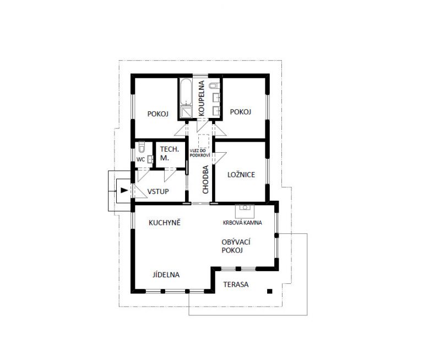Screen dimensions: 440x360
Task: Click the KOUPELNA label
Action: click(x=202, y=98)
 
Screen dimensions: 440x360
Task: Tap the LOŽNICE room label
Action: click(x=241, y=175)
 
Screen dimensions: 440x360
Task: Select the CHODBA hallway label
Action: click(x=206, y=180)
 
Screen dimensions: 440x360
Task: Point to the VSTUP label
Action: click(x=158, y=192)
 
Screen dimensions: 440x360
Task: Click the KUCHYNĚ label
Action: click(x=165, y=223)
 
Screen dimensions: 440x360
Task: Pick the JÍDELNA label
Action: click(x=166, y=275)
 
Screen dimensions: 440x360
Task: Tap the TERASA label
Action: click(x=236, y=284)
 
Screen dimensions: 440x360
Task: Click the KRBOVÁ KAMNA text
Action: click(x=242, y=223)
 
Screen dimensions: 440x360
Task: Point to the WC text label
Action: click(x=140, y=160)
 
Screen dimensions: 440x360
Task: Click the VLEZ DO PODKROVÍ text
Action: click(x=200, y=153)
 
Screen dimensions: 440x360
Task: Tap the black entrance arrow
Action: click(x=124, y=190)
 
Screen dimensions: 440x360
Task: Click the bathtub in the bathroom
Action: click(x=186, y=92)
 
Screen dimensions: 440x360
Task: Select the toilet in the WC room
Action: click(x=142, y=147)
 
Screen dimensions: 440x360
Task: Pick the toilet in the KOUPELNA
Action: click(x=215, y=85)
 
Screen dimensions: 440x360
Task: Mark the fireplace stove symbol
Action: click(x=245, y=211)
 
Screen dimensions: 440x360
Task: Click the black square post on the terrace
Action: click(x=270, y=292)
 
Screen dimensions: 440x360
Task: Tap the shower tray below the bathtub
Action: click(x=186, y=112)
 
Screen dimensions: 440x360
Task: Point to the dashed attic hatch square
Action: click(x=204, y=141)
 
